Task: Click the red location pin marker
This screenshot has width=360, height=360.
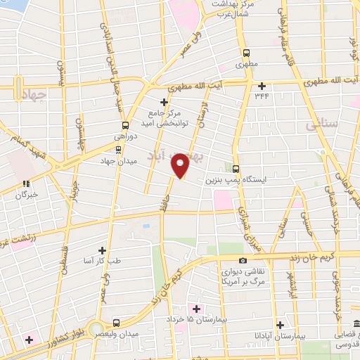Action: pos(181,165)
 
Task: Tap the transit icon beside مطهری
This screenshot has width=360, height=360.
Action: pos(246,53)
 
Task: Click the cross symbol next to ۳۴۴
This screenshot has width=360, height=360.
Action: pos(262,86)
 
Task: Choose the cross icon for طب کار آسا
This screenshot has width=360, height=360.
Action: pos(103,250)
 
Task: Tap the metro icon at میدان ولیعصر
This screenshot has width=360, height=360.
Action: pos(114,323)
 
